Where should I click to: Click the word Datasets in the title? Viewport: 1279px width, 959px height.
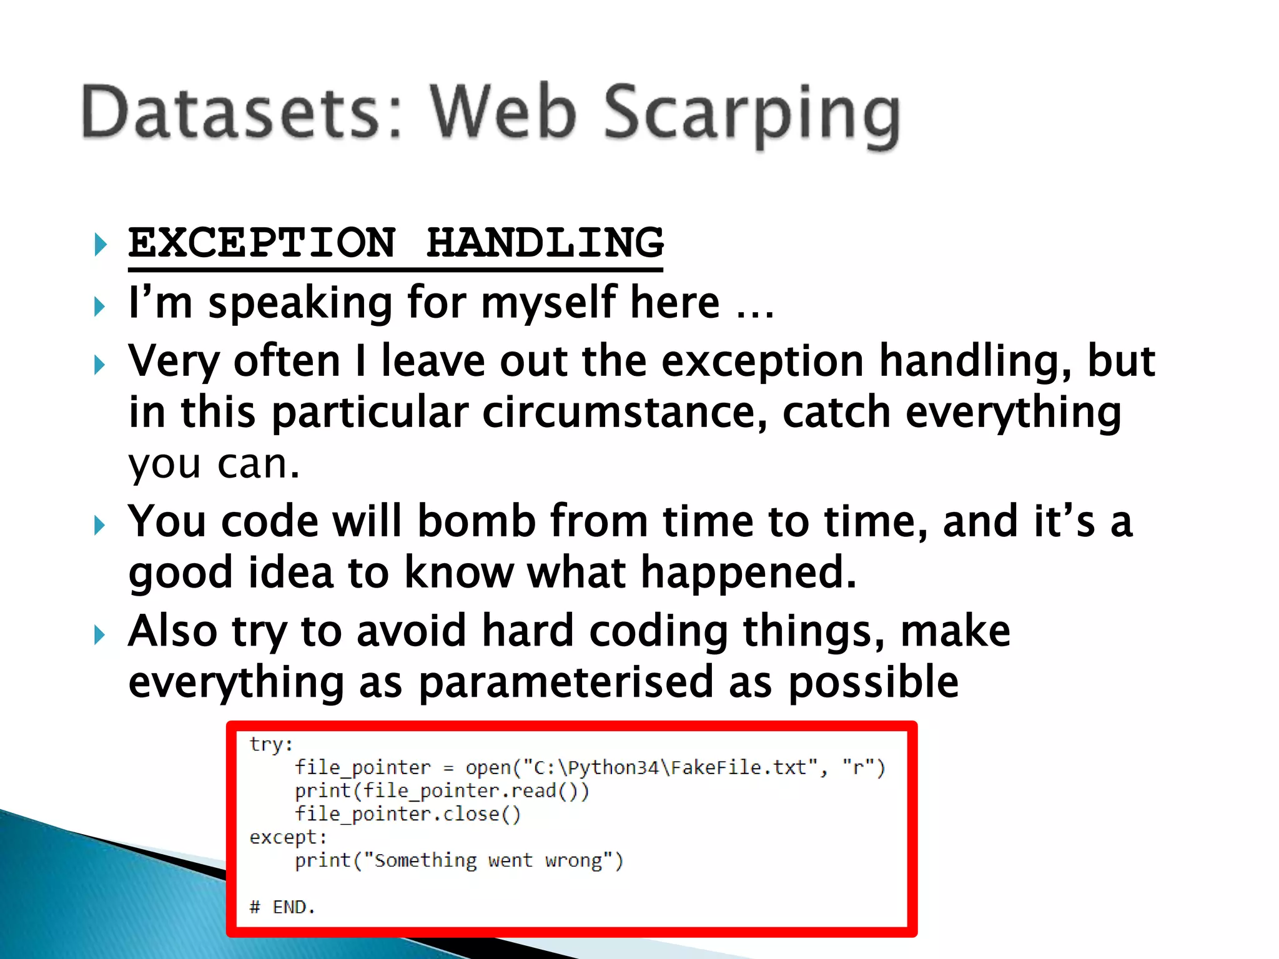[x=231, y=112]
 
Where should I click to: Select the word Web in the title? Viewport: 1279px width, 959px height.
[x=503, y=112]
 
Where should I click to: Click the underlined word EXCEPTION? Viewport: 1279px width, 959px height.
[x=262, y=243]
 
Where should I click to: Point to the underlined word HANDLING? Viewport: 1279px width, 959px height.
[x=545, y=243]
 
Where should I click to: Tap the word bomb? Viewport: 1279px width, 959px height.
[x=477, y=521]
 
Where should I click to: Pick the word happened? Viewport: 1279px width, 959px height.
[x=749, y=573]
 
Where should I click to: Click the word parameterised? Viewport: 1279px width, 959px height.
[x=565, y=682]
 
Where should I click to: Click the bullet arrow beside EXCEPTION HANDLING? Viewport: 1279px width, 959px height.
[x=100, y=244]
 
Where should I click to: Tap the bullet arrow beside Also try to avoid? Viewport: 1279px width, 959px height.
[x=100, y=636]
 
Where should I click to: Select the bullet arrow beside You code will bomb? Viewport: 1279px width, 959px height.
[x=100, y=525]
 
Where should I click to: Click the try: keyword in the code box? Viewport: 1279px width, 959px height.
[x=271, y=744]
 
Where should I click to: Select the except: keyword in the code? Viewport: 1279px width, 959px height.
[x=288, y=837]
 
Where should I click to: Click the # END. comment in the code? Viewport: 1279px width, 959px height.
[x=282, y=907]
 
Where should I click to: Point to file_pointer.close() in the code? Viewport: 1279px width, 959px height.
[x=407, y=814]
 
